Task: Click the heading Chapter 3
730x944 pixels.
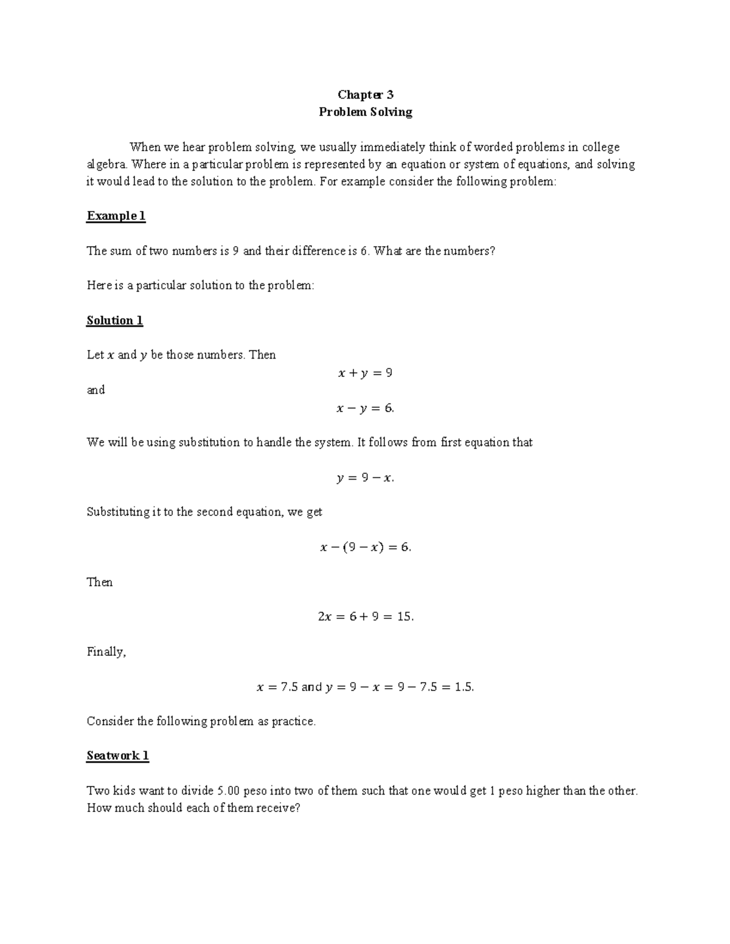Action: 366,94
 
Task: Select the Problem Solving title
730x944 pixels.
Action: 366,112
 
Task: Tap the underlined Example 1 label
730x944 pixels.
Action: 116,216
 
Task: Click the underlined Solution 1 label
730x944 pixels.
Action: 114,320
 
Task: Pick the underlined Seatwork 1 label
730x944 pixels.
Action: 117,756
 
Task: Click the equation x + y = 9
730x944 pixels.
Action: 365,373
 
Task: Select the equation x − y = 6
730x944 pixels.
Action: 365,408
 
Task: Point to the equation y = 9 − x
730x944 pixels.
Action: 365,478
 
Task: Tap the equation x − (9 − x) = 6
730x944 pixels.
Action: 366,547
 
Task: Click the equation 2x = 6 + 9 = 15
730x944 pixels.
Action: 366,616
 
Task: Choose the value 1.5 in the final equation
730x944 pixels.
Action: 464,687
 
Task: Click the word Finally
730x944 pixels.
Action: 106,652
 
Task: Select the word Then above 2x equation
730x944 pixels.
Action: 99,582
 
